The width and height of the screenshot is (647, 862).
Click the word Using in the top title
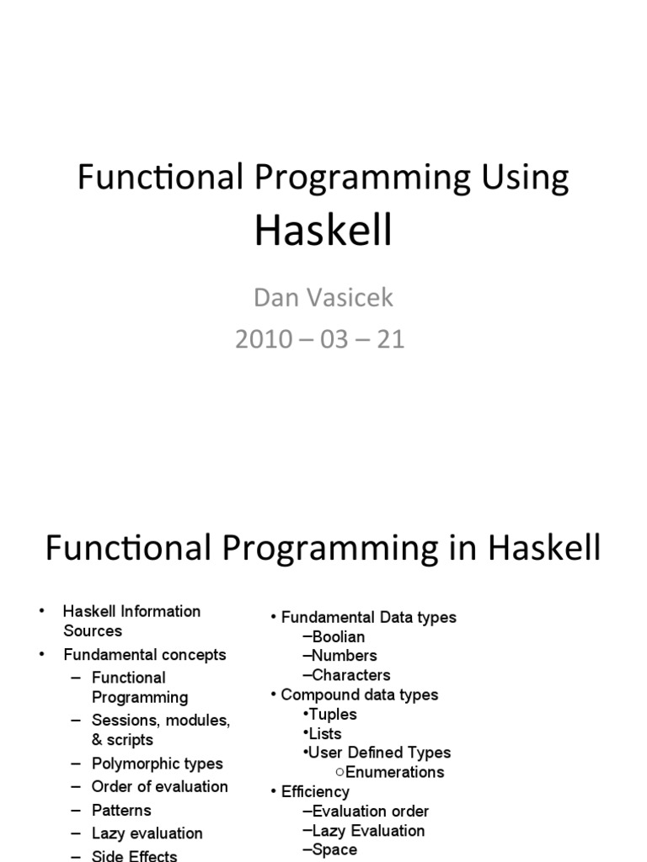point(522,178)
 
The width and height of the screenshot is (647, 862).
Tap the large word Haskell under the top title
point(323,230)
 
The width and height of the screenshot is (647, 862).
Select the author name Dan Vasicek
point(323,297)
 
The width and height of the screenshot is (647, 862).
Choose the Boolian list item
point(338,636)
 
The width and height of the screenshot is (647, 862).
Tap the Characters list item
point(350,675)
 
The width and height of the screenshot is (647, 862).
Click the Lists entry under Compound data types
point(328,733)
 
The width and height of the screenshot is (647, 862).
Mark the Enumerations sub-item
point(394,772)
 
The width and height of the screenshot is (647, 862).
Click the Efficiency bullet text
point(315,791)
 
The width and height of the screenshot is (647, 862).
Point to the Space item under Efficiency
point(334,849)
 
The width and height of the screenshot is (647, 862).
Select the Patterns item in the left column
point(121,810)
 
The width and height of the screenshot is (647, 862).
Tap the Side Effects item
point(134,855)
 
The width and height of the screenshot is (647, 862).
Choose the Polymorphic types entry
point(157,764)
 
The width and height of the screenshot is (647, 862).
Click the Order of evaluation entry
point(159,786)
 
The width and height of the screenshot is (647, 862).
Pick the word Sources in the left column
point(93,631)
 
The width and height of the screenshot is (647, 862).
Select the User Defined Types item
point(379,753)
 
